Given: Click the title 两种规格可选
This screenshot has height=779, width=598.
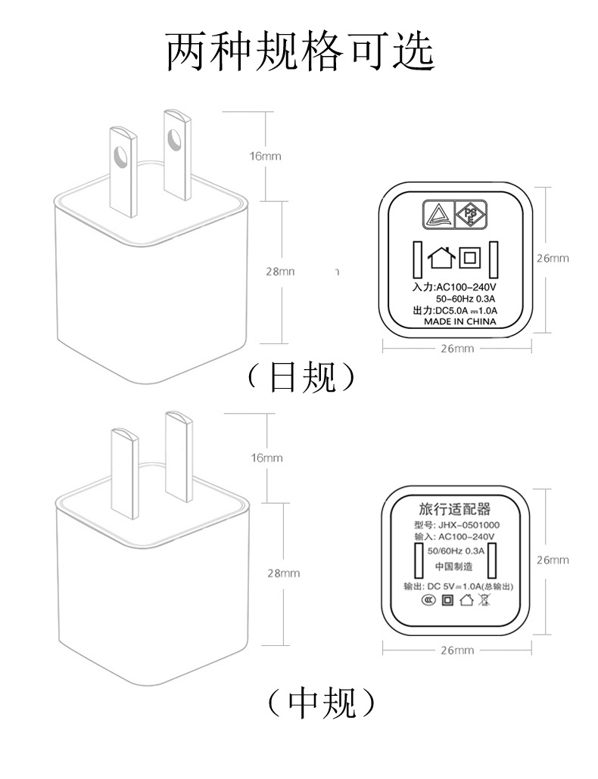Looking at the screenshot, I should coord(300,51).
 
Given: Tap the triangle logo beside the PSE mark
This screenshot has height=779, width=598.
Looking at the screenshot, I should coord(438,216).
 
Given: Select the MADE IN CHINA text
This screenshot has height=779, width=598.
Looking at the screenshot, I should coord(459,321).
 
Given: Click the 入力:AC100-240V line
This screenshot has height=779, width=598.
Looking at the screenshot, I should coord(453,287).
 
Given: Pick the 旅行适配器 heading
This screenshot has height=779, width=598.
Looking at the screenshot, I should coord(454,508).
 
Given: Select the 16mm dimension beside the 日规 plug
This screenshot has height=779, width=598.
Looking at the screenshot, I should coord(265,157).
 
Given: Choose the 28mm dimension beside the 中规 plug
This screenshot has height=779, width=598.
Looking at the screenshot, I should coord(284,573).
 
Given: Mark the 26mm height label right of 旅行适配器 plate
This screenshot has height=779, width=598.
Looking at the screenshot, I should coord(553,560).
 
